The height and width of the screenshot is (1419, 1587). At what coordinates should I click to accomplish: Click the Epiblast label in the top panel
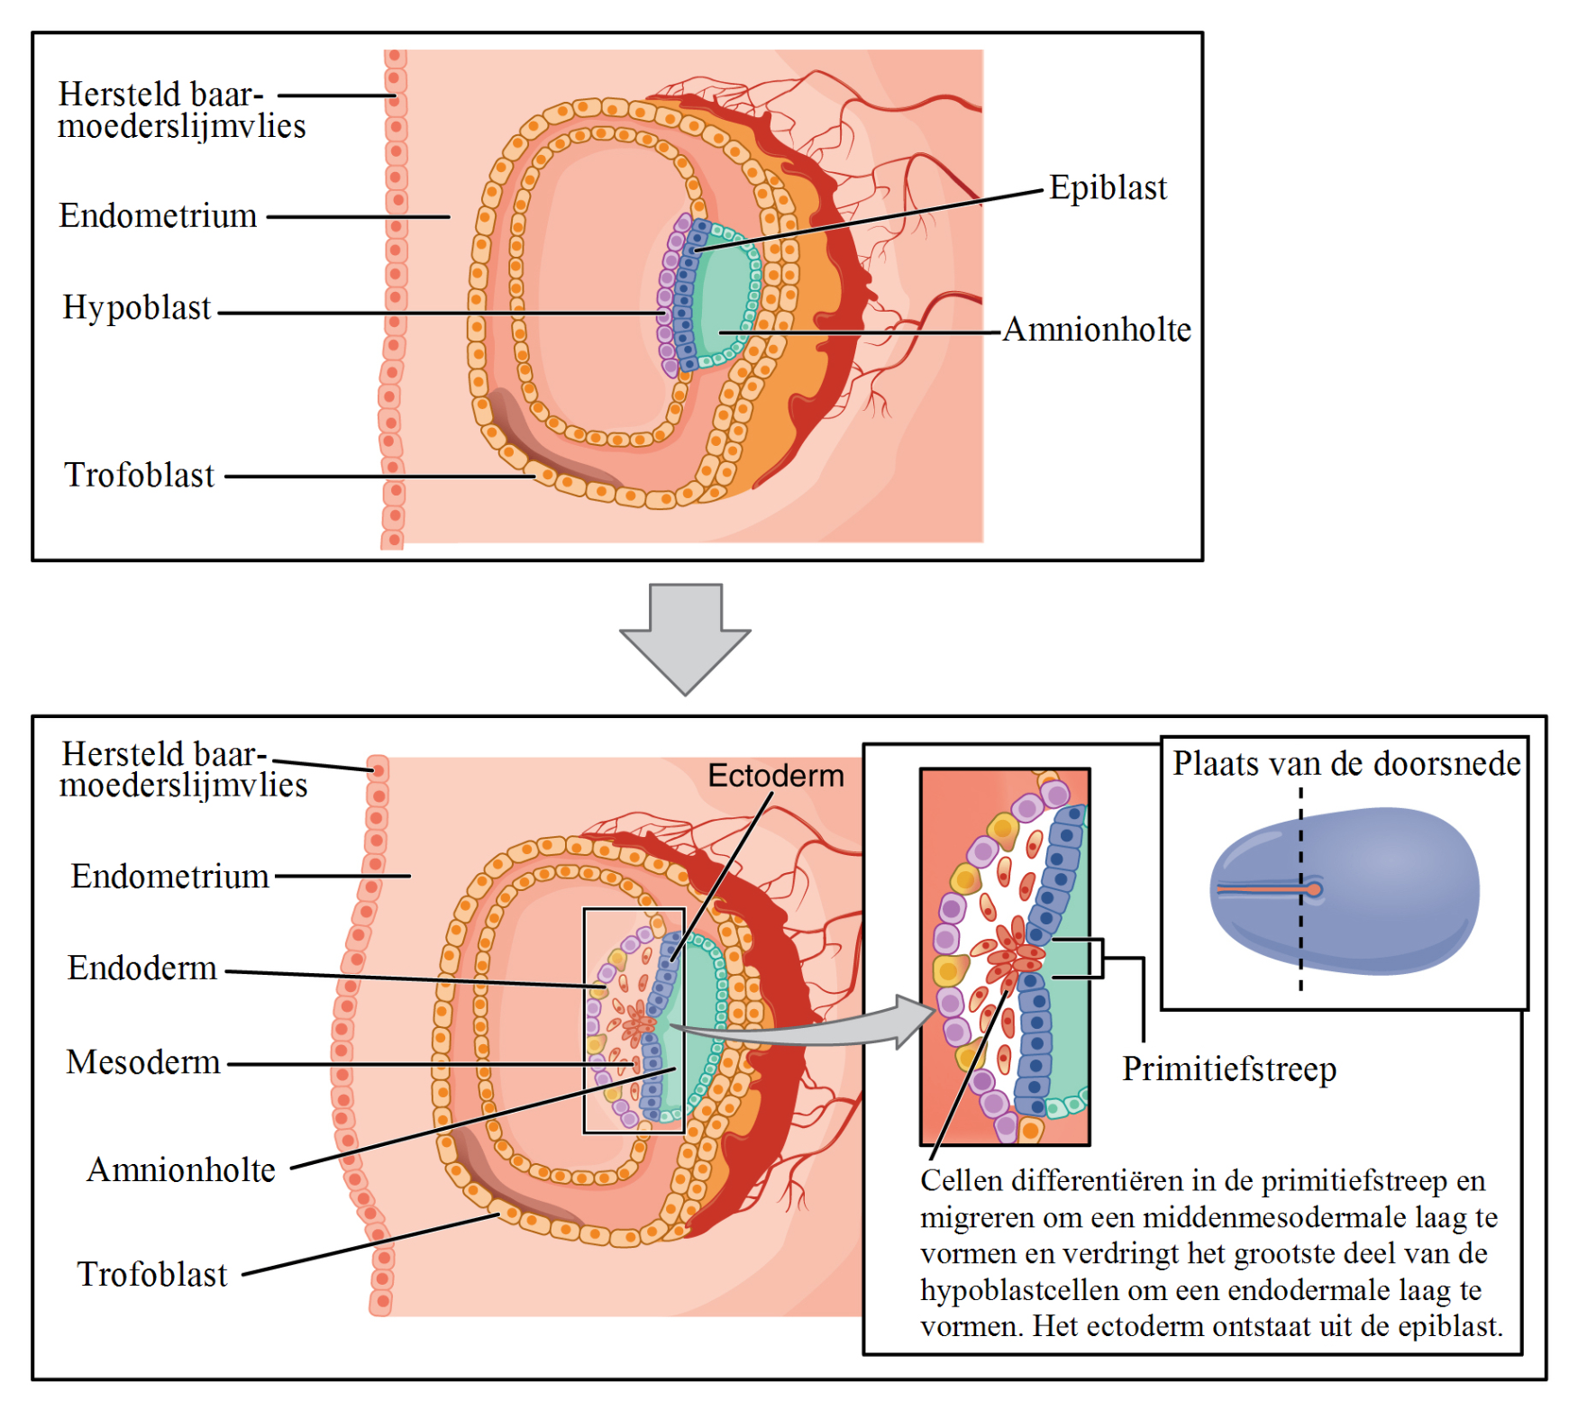click(1108, 188)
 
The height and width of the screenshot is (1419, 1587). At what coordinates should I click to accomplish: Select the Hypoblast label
click(136, 308)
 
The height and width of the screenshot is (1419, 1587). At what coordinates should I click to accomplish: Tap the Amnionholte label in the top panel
click(1097, 330)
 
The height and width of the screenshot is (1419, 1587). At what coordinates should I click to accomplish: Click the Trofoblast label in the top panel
click(140, 476)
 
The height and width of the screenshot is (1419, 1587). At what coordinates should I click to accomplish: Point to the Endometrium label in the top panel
click(158, 216)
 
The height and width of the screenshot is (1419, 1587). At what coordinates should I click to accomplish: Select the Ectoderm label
click(776, 776)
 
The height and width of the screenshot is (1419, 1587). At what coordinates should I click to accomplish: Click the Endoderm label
click(142, 969)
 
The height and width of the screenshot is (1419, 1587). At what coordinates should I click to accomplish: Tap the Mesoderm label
click(143, 1062)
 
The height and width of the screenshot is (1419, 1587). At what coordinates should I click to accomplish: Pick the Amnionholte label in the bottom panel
click(181, 1170)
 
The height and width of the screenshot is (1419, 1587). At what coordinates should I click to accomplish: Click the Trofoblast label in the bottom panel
click(152, 1275)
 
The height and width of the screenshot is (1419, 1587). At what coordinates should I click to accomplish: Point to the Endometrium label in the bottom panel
click(170, 877)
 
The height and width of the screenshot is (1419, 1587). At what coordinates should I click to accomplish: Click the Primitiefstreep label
click(1229, 1069)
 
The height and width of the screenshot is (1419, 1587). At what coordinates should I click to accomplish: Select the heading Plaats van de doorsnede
click(1346, 764)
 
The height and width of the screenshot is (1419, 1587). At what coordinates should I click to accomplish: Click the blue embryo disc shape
click(1379, 892)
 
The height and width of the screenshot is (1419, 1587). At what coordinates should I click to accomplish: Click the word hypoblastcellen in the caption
click(1020, 1290)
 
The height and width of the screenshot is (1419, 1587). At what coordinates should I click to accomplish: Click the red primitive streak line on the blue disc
click(1262, 890)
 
